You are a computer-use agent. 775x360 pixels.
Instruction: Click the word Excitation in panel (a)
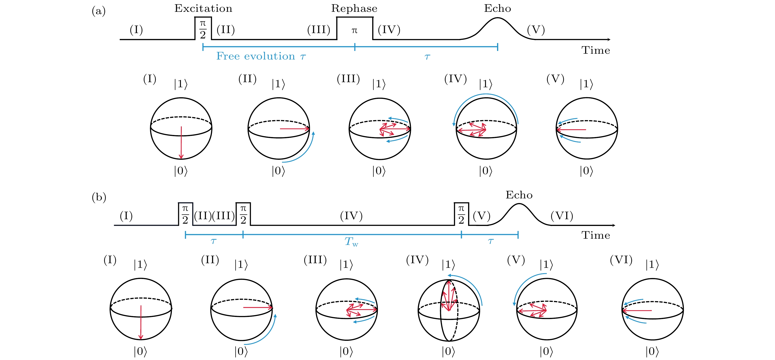pyautogui.click(x=203, y=8)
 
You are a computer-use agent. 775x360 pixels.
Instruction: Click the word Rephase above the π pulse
pyautogui.click(x=354, y=8)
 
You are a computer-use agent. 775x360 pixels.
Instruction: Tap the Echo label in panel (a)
pyautogui.click(x=497, y=8)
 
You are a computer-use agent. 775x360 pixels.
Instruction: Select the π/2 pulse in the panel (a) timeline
pyautogui.click(x=203, y=28)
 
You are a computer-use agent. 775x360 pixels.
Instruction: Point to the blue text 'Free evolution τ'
pyautogui.click(x=261, y=56)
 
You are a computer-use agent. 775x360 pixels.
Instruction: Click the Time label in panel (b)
pyautogui.click(x=596, y=235)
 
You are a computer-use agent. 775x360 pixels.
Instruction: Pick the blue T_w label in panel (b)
pyautogui.click(x=351, y=241)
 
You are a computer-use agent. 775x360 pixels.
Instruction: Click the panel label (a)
pyautogui.click(x=99, y=11)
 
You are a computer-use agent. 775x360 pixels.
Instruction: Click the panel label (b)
pyautogui.click(x=99, y=197)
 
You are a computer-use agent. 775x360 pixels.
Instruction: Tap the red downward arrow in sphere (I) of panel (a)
pyautogui.click(x=181, y=143)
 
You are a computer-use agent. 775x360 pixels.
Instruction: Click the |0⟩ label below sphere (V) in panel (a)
pyautogui.click(x=586, y=171)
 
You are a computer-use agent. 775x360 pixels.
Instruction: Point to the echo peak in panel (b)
pyautogui.click(x=519, y=204)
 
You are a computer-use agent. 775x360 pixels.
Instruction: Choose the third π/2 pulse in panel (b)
pyautogui.click(x=461, y=214)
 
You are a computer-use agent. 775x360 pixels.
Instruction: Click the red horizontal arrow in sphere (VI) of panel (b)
pyautogui.click(x=637, y=310)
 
